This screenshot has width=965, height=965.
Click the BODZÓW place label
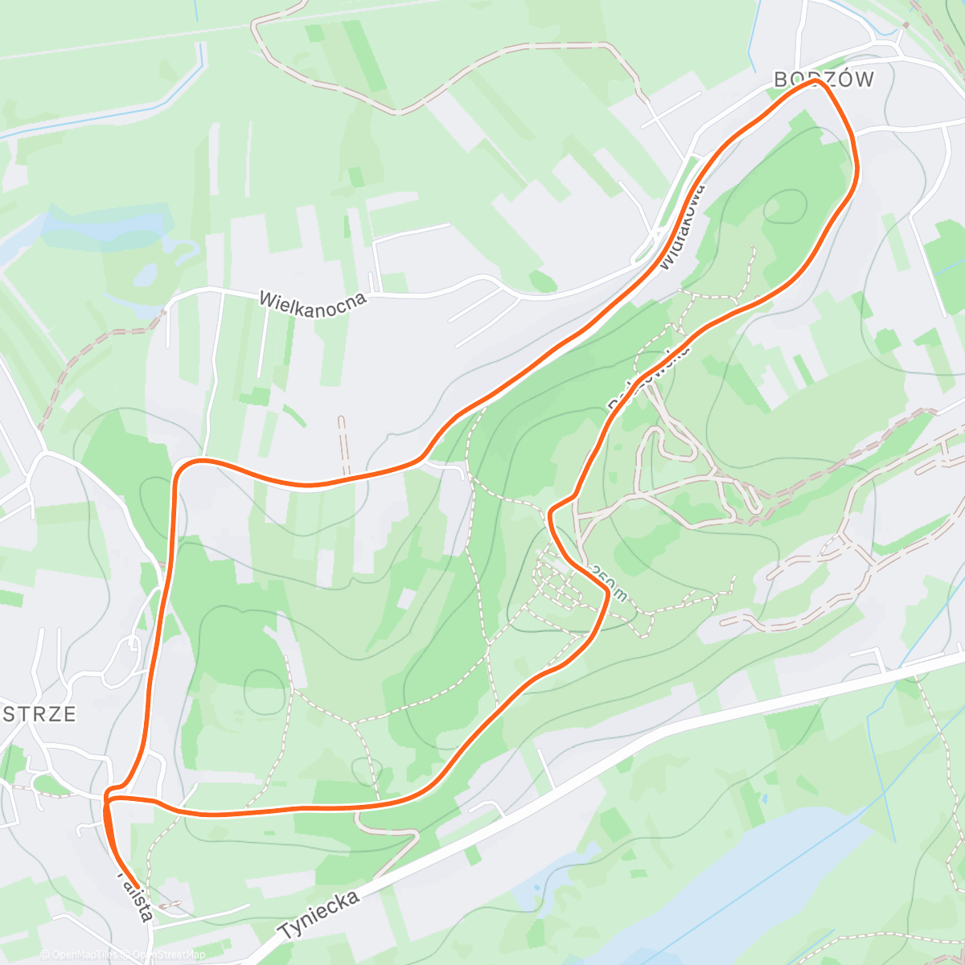823,79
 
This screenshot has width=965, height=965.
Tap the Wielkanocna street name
313,303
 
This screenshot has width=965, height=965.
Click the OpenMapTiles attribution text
79,955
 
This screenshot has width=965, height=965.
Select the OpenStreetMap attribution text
169,955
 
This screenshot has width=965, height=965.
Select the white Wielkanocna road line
434,294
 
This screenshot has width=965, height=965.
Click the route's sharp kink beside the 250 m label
606,590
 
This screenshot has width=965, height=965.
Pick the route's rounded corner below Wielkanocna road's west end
180,467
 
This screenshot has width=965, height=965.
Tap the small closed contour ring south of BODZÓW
784,206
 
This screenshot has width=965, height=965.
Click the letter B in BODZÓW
780,79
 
